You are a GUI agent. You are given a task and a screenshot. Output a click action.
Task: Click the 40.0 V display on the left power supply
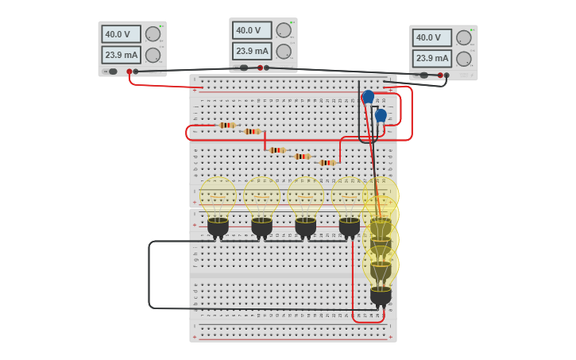(x=121, y=34)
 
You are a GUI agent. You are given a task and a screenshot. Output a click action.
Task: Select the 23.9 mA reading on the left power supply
(x=121, y=55)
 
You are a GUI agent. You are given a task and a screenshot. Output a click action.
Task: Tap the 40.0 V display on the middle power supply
(x=252, y=30)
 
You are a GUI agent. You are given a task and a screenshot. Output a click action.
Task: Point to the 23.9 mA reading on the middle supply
(x=252, y=51)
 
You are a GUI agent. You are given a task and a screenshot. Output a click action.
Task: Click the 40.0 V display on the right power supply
(x=432, y=37)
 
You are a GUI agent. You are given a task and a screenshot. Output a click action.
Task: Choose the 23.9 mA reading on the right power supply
(x=432, y=58)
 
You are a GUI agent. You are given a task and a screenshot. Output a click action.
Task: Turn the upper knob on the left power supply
(x=153, y=34)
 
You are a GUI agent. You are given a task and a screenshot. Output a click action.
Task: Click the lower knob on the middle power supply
(x=284, y=51)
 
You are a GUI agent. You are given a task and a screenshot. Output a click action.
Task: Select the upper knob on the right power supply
(x=464, y=37)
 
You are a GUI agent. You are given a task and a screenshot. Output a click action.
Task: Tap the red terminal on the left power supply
(x=130, y=72)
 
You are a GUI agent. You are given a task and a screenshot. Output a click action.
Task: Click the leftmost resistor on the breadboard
(x=227, y=125)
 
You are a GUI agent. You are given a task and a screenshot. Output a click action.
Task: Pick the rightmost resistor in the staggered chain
(x=327, y=162)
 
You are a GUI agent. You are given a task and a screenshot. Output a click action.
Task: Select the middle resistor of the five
(x=276, y=149)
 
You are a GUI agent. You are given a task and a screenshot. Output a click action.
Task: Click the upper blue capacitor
(x=368, y=97)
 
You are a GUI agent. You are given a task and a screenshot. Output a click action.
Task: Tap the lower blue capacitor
(x=381, y=115)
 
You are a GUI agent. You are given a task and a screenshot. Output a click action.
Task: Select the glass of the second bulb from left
(x=261, y=195)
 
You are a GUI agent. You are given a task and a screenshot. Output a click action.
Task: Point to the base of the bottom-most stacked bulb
(x=381, y=296)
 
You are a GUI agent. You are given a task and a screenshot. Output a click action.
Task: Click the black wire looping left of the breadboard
(x=149, y=274)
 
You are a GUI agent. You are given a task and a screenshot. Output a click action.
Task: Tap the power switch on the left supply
(x=113, y=72)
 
